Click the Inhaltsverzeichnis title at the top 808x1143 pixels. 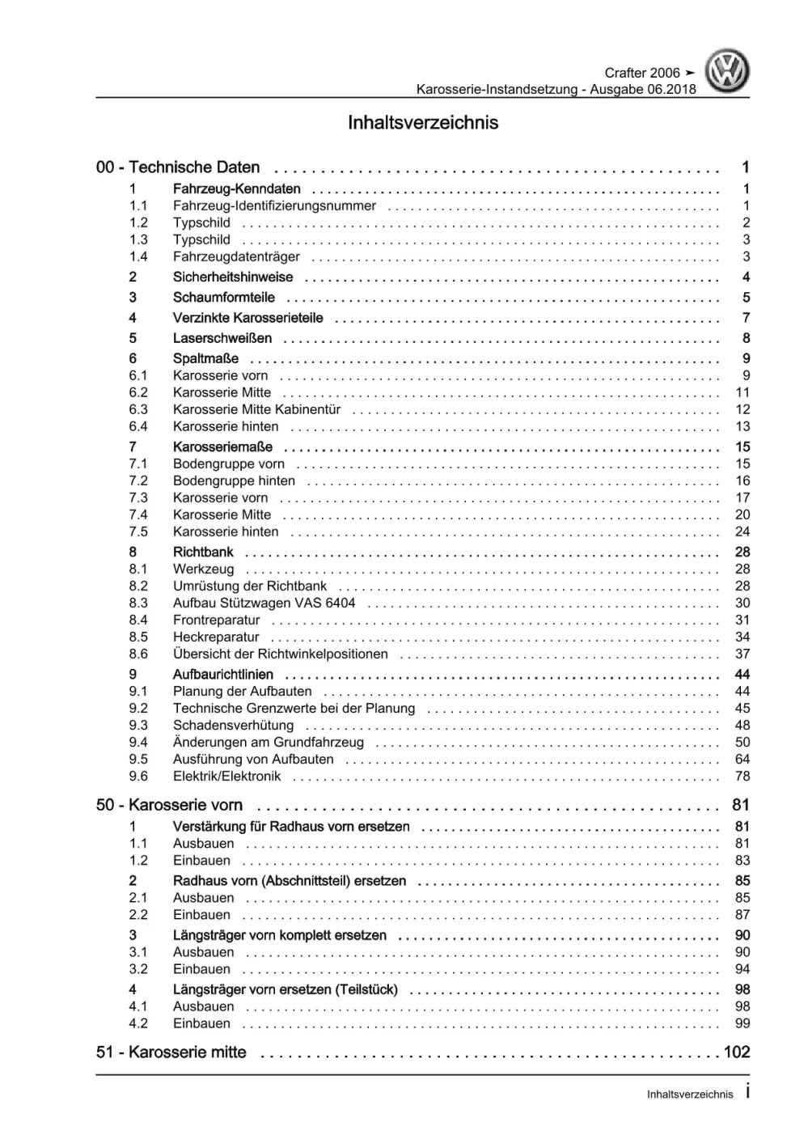pyautogui.click(x=423, y=123)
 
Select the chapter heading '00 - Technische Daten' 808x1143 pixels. pyautogui.click(x=178, y=167)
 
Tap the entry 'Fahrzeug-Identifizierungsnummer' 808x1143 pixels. pyautogui.click(x=274, y=206)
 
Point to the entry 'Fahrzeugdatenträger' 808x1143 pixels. pyautogui.click(x=236, y=257)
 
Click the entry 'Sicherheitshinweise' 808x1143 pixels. pyautogui.click(x=233, y=277)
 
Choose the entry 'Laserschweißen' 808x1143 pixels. pyautogui.click(x=222, y=339)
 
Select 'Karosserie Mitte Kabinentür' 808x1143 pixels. pyautogui.click(x=256, y=410)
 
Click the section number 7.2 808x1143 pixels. pyautogui.click(x=138, y=481)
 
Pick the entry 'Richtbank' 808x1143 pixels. pyautogui.click(x=203, y=552)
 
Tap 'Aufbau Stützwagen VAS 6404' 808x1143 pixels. pyautogui.click(x=264, y=603)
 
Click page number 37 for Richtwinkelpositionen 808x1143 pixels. pyautogui.click(x=742, y=654)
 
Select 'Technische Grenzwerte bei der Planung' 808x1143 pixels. pyautogui.click(x=294, y=709)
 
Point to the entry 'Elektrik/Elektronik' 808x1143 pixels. pyautogui.click(x=227, y=777)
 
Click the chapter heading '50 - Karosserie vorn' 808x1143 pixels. pyautogui.click(x=169, y=806)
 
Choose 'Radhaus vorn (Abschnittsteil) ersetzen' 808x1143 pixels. pyautogui.click(x=290, y=881)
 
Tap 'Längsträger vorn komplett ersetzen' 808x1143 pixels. pyautogui.click(x=280, y=936)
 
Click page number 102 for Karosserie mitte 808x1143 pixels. pyautogui.click(x=737, y=1052)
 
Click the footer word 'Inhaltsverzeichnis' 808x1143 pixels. pyautogui.click(x=690, y=1094)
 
